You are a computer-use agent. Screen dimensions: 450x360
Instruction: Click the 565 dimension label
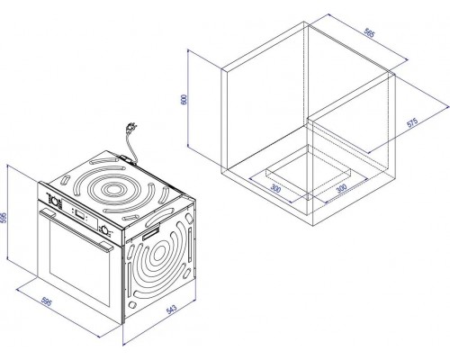point(369,32)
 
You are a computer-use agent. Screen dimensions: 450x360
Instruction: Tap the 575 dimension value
point(412,122)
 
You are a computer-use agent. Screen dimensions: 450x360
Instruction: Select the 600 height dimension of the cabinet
point(184,99)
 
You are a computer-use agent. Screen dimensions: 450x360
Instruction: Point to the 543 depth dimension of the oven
point(171,310)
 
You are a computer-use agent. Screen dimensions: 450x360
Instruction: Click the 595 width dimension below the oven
point(47,301)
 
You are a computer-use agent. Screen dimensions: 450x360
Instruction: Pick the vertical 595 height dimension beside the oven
point(3,218)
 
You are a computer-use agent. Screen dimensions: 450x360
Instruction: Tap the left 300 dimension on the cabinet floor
point(275,188)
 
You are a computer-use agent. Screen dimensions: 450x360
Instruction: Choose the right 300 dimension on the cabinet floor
point(341,188)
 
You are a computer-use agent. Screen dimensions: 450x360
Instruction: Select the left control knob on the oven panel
point(54,201)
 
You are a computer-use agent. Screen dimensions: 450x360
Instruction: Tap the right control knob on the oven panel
point(104,229)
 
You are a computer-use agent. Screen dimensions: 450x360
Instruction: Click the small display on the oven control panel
point(80,214)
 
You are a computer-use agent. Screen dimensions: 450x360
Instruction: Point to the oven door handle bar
point(76,229)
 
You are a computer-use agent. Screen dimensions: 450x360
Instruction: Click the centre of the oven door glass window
point(80,264)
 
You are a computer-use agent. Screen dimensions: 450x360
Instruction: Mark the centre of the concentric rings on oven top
point(112,189)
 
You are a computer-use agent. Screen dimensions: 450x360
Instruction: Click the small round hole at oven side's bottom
point(131,304)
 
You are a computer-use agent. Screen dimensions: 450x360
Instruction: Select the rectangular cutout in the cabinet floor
point(309,172)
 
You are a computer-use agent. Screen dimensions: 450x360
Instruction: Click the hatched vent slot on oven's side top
point(150,232)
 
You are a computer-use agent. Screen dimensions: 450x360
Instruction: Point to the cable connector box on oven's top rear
point(127,158)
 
